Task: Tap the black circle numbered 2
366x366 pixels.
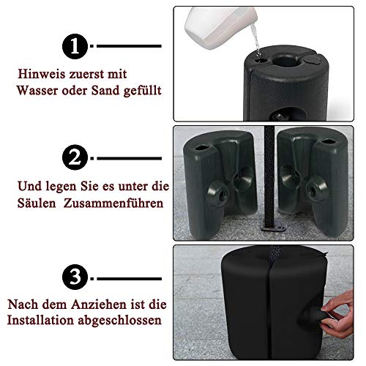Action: pos(77,157)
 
